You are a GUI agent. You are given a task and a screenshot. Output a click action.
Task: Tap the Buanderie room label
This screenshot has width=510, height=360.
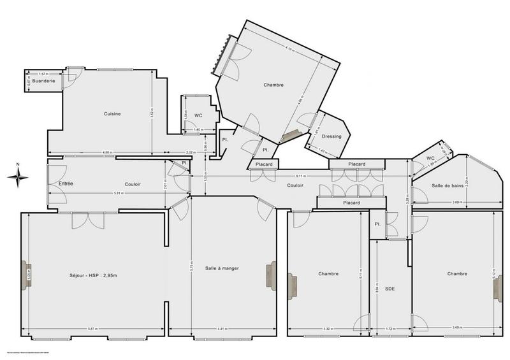pyautogui.click(x=45, y=81)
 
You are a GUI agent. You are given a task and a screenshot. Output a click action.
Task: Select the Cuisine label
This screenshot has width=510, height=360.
pyautogui.click(x=113, y=113)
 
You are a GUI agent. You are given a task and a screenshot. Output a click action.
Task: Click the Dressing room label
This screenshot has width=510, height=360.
pyautogui.click(x=331, y=136)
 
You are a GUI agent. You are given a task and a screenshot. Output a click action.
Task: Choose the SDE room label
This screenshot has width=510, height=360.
pyautogui.click(x=390, y=289)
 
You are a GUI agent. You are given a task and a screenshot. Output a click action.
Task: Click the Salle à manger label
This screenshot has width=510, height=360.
pyautogui.click(x=222, y=268)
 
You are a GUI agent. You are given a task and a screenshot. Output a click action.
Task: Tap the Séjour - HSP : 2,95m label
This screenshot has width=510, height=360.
pyautogui.click(x=94, y=275)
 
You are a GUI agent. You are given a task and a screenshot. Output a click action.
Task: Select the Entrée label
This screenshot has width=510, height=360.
pyautogui.click(x=66, y=184)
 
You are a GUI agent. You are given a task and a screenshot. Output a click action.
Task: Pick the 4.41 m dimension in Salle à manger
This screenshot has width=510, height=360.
pyautogui.click(x=221, y=329)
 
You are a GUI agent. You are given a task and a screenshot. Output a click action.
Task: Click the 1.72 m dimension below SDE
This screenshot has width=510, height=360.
pyautogui.click(x=390, y=329)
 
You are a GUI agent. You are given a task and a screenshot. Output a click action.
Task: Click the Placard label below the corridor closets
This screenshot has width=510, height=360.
pyautogui.click(x=351, y=203)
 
